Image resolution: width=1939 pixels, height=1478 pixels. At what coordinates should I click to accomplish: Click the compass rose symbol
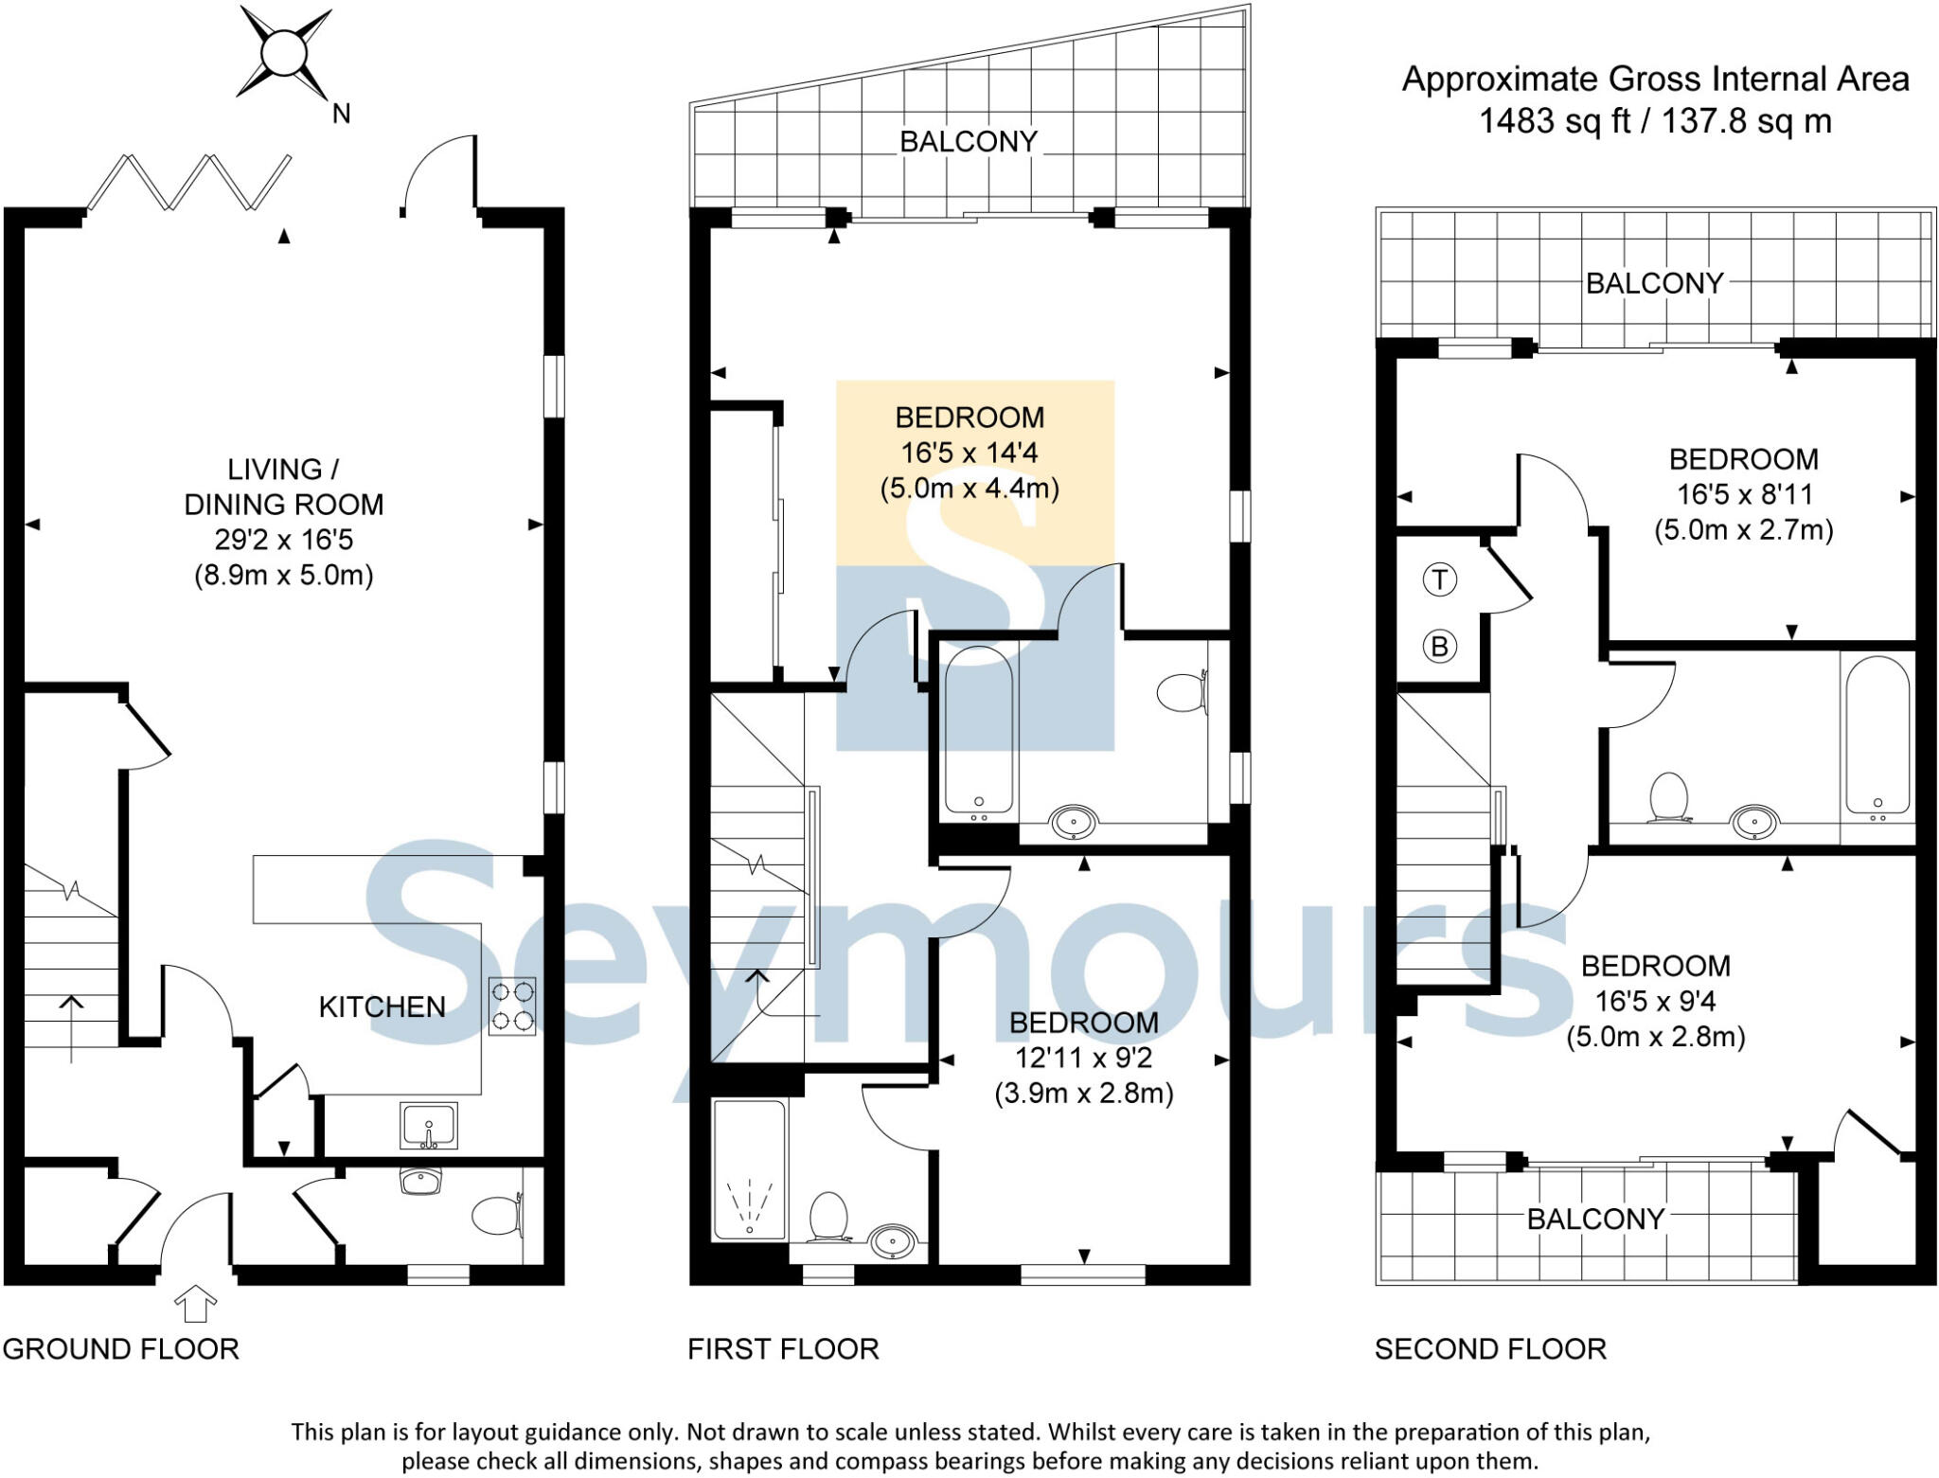click(x=283, y=53)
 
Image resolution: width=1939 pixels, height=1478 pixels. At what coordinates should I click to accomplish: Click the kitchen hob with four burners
click(x=512, y=1006)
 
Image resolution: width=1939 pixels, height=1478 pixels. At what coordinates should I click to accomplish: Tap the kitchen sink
click(x=428, y=1125)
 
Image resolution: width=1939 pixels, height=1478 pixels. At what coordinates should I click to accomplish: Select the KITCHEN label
click(x=382, y=1006)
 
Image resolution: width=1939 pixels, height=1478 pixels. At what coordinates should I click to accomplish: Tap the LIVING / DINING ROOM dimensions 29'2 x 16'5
click(x=283, y=540)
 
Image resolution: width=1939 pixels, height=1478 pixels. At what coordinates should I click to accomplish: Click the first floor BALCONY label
click(x=968, y=142)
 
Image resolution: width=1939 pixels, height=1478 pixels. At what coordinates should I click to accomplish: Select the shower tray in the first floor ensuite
click(x=749, y=1170)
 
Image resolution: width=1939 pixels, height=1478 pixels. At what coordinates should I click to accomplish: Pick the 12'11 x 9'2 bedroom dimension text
click(x=1084, y=1058)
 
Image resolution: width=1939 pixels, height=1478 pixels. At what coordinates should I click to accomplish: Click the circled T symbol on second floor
click(x=1439, y=579)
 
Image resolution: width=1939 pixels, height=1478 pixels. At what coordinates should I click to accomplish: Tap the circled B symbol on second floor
click(x=1439, y=647)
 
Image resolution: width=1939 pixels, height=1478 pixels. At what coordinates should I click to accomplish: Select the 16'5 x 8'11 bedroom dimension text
click(x=1743, y=494)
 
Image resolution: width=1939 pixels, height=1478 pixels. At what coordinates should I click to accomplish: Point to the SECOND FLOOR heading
click(x=1490, y=1348)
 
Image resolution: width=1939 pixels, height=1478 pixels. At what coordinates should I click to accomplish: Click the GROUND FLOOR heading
click(x=121, y=1348)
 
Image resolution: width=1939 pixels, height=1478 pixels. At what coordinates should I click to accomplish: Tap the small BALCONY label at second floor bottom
click(x=1595, y=1219)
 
